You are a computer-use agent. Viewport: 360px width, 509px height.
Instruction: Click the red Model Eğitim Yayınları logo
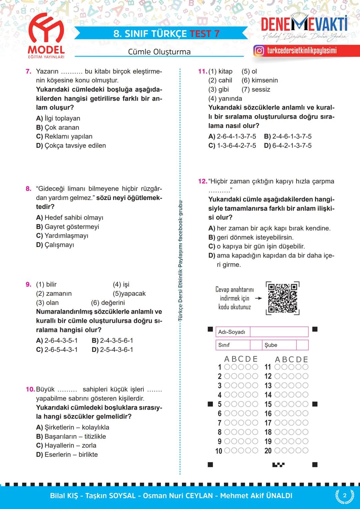pyautogui.click(x=46, y=35)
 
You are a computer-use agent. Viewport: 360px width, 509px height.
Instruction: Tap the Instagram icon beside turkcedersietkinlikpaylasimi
pyautogui.click(x=259, y=51)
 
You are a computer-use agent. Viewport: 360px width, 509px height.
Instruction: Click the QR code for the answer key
pyautogui.click(x=283, y=298)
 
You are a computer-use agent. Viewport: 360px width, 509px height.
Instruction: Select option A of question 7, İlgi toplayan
pyautogui.click(x=58, y=118)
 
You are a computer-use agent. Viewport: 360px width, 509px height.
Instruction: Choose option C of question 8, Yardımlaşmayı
pyautogui.click(x=62, y=236)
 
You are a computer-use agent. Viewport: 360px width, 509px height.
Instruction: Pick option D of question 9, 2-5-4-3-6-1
pyautogui.click(x=112, y=350)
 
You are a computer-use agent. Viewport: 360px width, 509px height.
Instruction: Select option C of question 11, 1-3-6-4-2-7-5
pyautogui.click(x=232, y=146)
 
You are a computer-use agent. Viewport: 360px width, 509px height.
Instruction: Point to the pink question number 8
pyautogui.click(x=29, y=189)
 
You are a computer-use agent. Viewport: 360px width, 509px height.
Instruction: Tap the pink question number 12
pyautogui.click(x=202, y=181)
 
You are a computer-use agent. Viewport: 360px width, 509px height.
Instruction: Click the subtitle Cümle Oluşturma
pyautogui.click(x=159, y=52)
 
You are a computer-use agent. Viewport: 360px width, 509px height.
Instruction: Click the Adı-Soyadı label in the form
pyautogui.click(x=232, y=332)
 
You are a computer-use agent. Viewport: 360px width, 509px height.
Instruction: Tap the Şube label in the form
pyautogui.click(x=271, y=345)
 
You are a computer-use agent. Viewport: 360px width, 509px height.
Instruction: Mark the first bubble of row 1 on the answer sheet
pyautogui.click(x=227, y=367)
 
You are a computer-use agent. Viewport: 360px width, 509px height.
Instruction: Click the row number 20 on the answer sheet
pyautogui.click(x=268, y=451)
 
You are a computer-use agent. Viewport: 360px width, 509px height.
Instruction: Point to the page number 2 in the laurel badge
pyautogui.click(x=345, y=495)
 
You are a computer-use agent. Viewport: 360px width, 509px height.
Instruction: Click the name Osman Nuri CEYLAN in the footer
pyautogui.click(x=178, y=496)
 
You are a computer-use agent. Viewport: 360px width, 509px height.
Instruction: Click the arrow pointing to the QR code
pyautogui.click(x=258, y=298)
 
